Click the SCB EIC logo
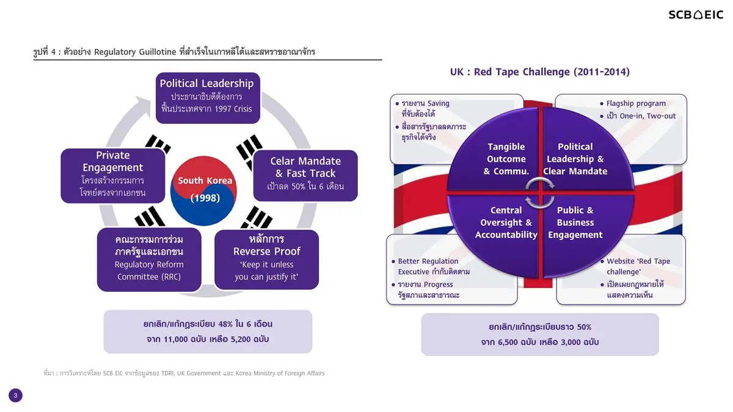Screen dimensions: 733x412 point(696,15)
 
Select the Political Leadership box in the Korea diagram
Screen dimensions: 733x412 point(208,98)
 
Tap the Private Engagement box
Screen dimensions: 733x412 point(113,176)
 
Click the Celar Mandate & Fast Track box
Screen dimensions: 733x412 point(305,176)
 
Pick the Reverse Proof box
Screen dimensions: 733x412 point(267,259)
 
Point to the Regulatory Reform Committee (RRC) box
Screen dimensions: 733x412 point(149,259)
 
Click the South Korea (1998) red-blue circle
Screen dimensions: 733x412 point(203,190)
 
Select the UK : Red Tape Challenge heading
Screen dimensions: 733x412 point(540,72)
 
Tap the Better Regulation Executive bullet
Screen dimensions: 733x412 point(431,266)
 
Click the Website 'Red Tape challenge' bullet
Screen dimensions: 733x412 point(635,266)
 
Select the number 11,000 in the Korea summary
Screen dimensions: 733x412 point(176,339)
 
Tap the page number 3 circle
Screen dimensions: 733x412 point(15,396)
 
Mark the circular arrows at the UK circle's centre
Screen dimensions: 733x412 point(540,193)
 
